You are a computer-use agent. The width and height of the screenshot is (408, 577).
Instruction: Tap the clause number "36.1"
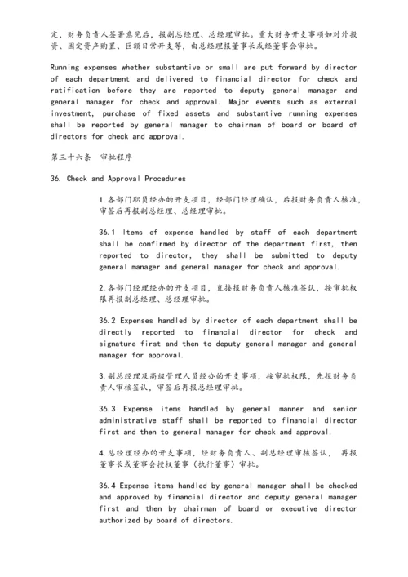108,232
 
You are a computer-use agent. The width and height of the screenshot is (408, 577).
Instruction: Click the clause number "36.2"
108,320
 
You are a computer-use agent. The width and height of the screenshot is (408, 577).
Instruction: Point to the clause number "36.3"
108,408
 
